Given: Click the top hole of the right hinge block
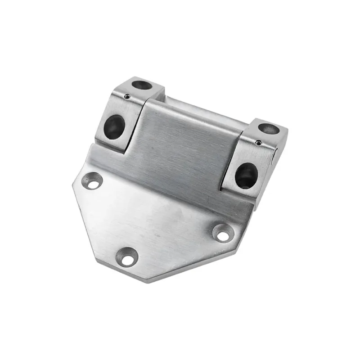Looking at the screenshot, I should pos(269,129).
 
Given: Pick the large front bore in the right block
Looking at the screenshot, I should pos(246,175).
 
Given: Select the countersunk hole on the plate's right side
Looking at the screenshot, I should pos(222,232).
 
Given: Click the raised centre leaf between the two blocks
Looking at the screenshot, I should pos(184,144).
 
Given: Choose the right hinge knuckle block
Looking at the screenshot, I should pos(254,157).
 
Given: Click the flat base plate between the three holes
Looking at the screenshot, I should pos(153,216).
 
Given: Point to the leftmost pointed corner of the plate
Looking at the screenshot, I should pos(73,184).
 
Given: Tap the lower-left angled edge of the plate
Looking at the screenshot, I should pos(88,229).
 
